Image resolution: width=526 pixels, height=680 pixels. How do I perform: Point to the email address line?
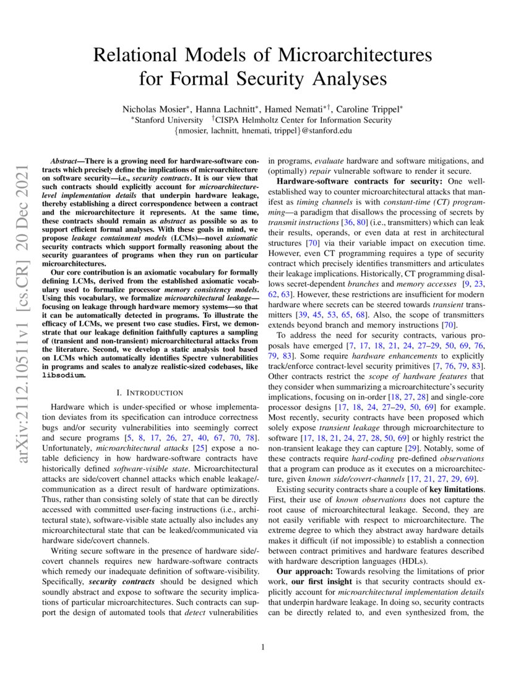[x=263, y=130]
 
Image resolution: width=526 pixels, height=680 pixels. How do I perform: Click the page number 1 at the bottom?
[x=263, y=647]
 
